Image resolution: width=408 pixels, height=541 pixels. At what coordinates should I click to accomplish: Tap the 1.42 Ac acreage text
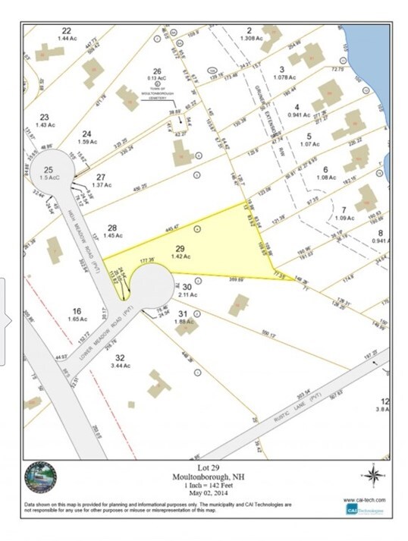180,257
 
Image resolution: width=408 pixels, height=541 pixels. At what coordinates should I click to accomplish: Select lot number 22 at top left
66,30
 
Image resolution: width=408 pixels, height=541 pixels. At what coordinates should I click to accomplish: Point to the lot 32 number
120,357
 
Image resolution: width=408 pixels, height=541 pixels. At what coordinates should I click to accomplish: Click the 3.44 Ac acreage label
120,366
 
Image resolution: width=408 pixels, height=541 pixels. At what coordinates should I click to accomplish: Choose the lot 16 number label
77,311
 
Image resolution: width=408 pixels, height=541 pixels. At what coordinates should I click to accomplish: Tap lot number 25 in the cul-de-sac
49,169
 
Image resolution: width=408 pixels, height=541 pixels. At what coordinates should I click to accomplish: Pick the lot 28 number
112,228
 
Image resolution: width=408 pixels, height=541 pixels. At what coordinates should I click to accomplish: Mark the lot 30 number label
187,286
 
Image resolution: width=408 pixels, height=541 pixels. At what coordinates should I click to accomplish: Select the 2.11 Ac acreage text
188,294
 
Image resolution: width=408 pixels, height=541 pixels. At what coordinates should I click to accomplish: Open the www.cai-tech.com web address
366,500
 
